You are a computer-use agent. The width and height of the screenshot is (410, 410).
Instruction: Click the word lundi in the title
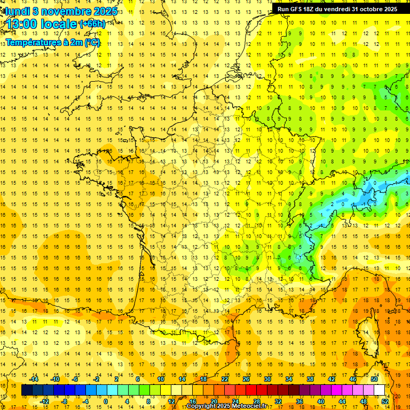coord(17,11)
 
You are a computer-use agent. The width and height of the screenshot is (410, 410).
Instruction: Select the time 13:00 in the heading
coord(25,24)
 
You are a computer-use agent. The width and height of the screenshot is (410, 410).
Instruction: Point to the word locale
coord(61,24)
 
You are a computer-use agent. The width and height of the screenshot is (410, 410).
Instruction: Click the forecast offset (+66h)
coord(92,24)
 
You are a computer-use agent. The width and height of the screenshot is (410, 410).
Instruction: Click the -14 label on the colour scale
coord(34,379)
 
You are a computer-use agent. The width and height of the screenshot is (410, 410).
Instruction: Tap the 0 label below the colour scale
coord(106,401)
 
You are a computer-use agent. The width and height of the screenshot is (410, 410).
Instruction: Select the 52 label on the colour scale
coord(385,401)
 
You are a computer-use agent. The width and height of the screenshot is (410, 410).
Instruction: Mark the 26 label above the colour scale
coord(246,379)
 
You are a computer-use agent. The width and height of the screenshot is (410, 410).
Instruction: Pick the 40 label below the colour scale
coord(320,401)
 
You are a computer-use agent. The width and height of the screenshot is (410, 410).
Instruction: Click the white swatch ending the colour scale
coord(380,390)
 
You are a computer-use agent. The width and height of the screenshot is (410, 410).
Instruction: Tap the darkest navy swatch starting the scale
coord(27,390)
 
